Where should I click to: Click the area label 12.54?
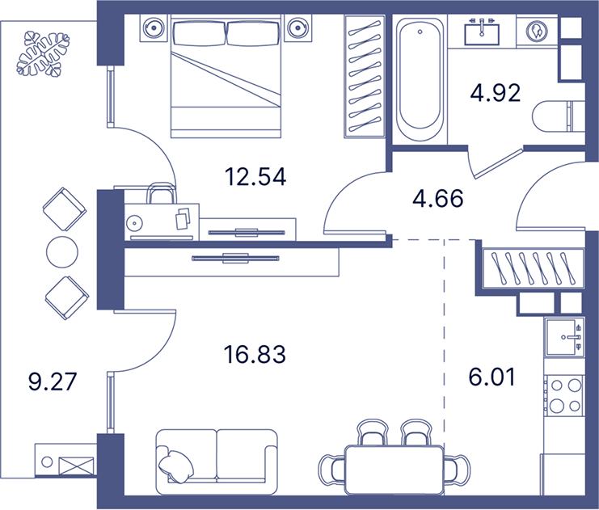(x=255, y=177)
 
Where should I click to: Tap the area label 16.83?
(x=255, y=354)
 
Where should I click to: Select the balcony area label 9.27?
(x=53, y=381)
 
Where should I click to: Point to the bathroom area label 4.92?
(x=495, y=93)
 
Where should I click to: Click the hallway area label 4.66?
(x=438, y=198)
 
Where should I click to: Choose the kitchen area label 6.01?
(x=491, y=377)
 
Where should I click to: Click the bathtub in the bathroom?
(x=420, y=79)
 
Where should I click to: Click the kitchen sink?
(x=564, y=337)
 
